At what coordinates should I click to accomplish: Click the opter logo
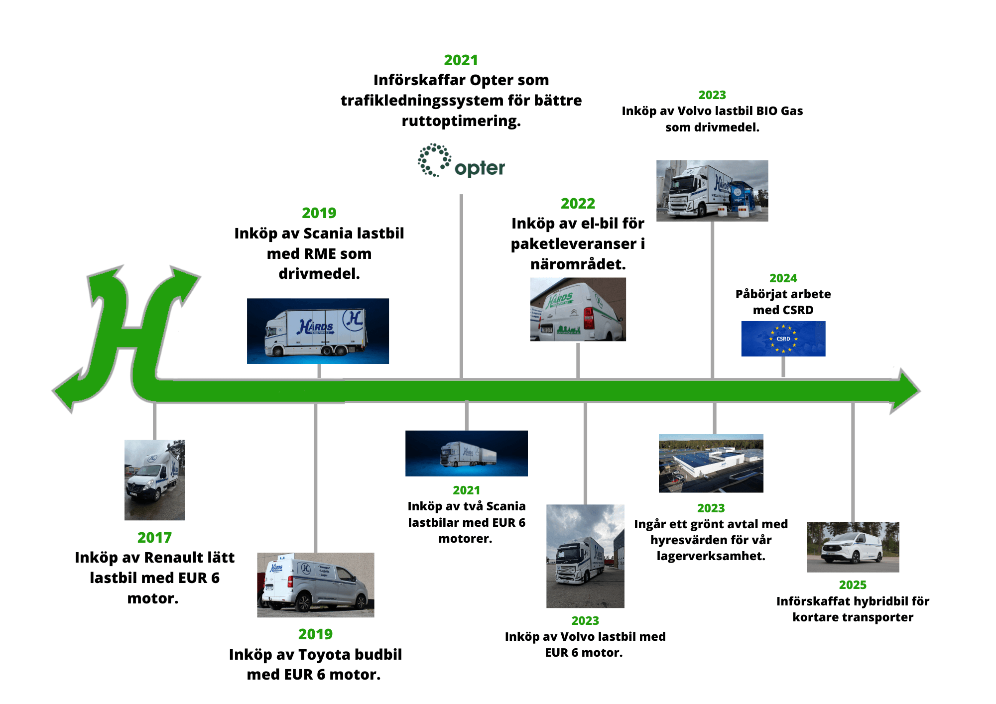pyautogui.click(x=461, y=161)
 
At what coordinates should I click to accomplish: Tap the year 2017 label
pyautogui.click(x=154, y=538)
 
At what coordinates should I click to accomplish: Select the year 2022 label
pyautogui.click(x=578, y=204)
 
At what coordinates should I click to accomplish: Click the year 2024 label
pyautogui.click(x=783, y=278)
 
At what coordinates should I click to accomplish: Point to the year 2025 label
pyautogui.click(x=853, y=585)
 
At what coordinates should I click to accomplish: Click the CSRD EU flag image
pyautogui.click(x=783, y=339)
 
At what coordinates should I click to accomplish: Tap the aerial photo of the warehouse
pyautogui.click(x=711, y=463)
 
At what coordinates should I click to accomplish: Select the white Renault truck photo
pyautogui.click(x=154, y=480)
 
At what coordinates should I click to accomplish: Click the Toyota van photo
pyautogui.click(x=315, y=585)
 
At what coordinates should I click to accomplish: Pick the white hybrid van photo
pyautogui.click(x=853, y=547)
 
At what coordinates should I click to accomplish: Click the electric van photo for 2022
pyautogui.click(x=578, y=309)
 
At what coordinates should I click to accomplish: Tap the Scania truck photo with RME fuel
pyautogui.click(x=318, y=331)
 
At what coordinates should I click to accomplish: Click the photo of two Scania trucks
pyautogui.click(x=466, y=453)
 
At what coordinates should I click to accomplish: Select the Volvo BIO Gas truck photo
pyautogui.click(x=712, y=191)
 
